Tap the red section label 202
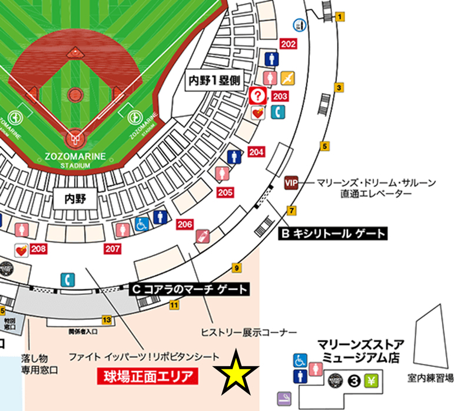pos(288,45)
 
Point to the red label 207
pos(113,249)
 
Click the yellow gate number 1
pos(340,17)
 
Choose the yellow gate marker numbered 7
pos(291,210)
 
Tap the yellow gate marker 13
pos(107,320)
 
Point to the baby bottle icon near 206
pos(202,236)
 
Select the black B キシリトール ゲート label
pos(332,234)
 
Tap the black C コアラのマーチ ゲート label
pos(189,289)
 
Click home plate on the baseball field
pos(75,139)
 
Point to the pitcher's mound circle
pos(75,94)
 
